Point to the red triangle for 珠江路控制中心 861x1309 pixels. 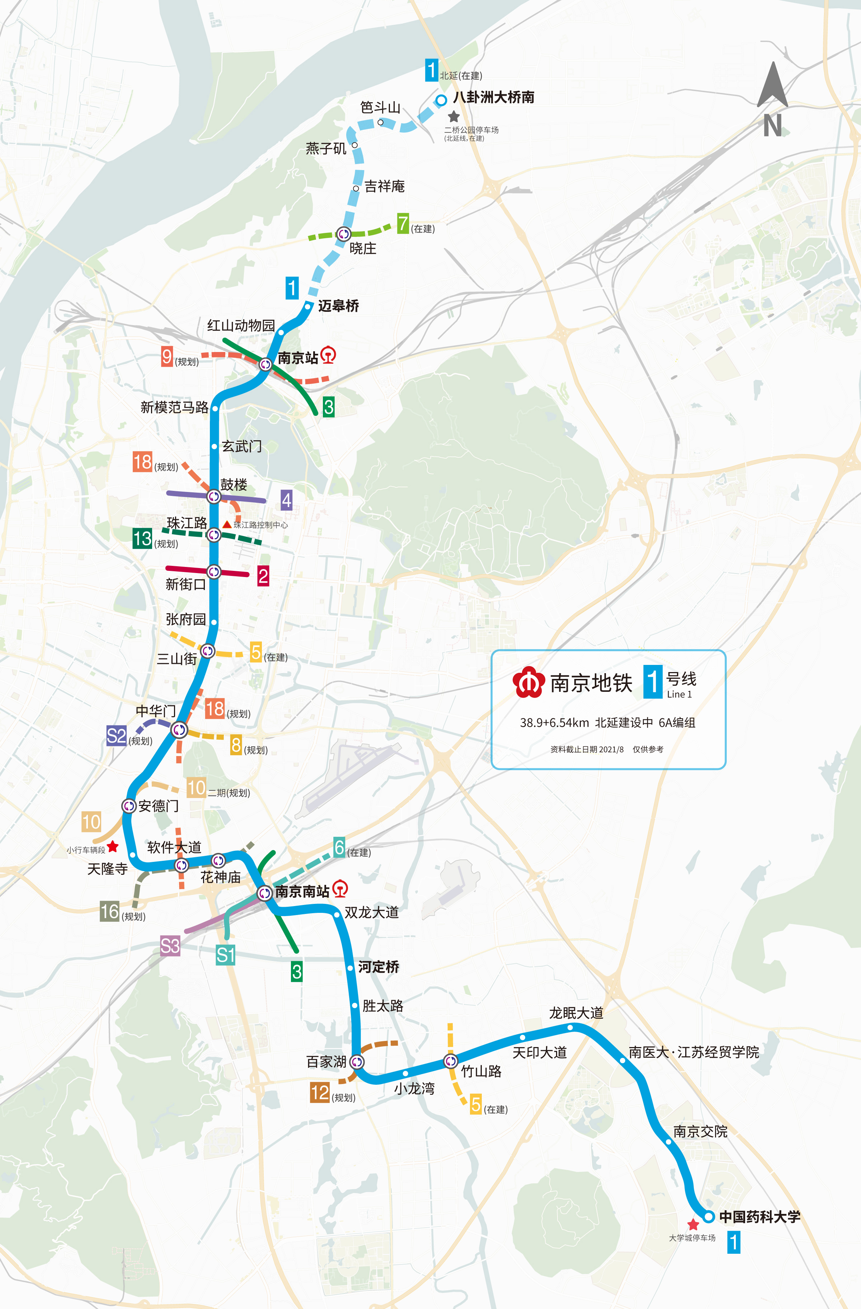(x=226, y=525)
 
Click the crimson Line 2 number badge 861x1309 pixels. (x=263, y=576)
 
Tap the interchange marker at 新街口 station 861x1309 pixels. (x=214, y=572)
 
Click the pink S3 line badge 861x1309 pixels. (x=170, y=946)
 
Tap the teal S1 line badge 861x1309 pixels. (x=225, y=955)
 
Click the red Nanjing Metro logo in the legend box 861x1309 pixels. (x=528, y=682)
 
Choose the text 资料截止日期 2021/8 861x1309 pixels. (x=587, y=749)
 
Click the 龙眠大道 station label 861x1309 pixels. (x=576, y=1013)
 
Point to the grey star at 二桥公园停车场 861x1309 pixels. (x=453, y=117)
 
